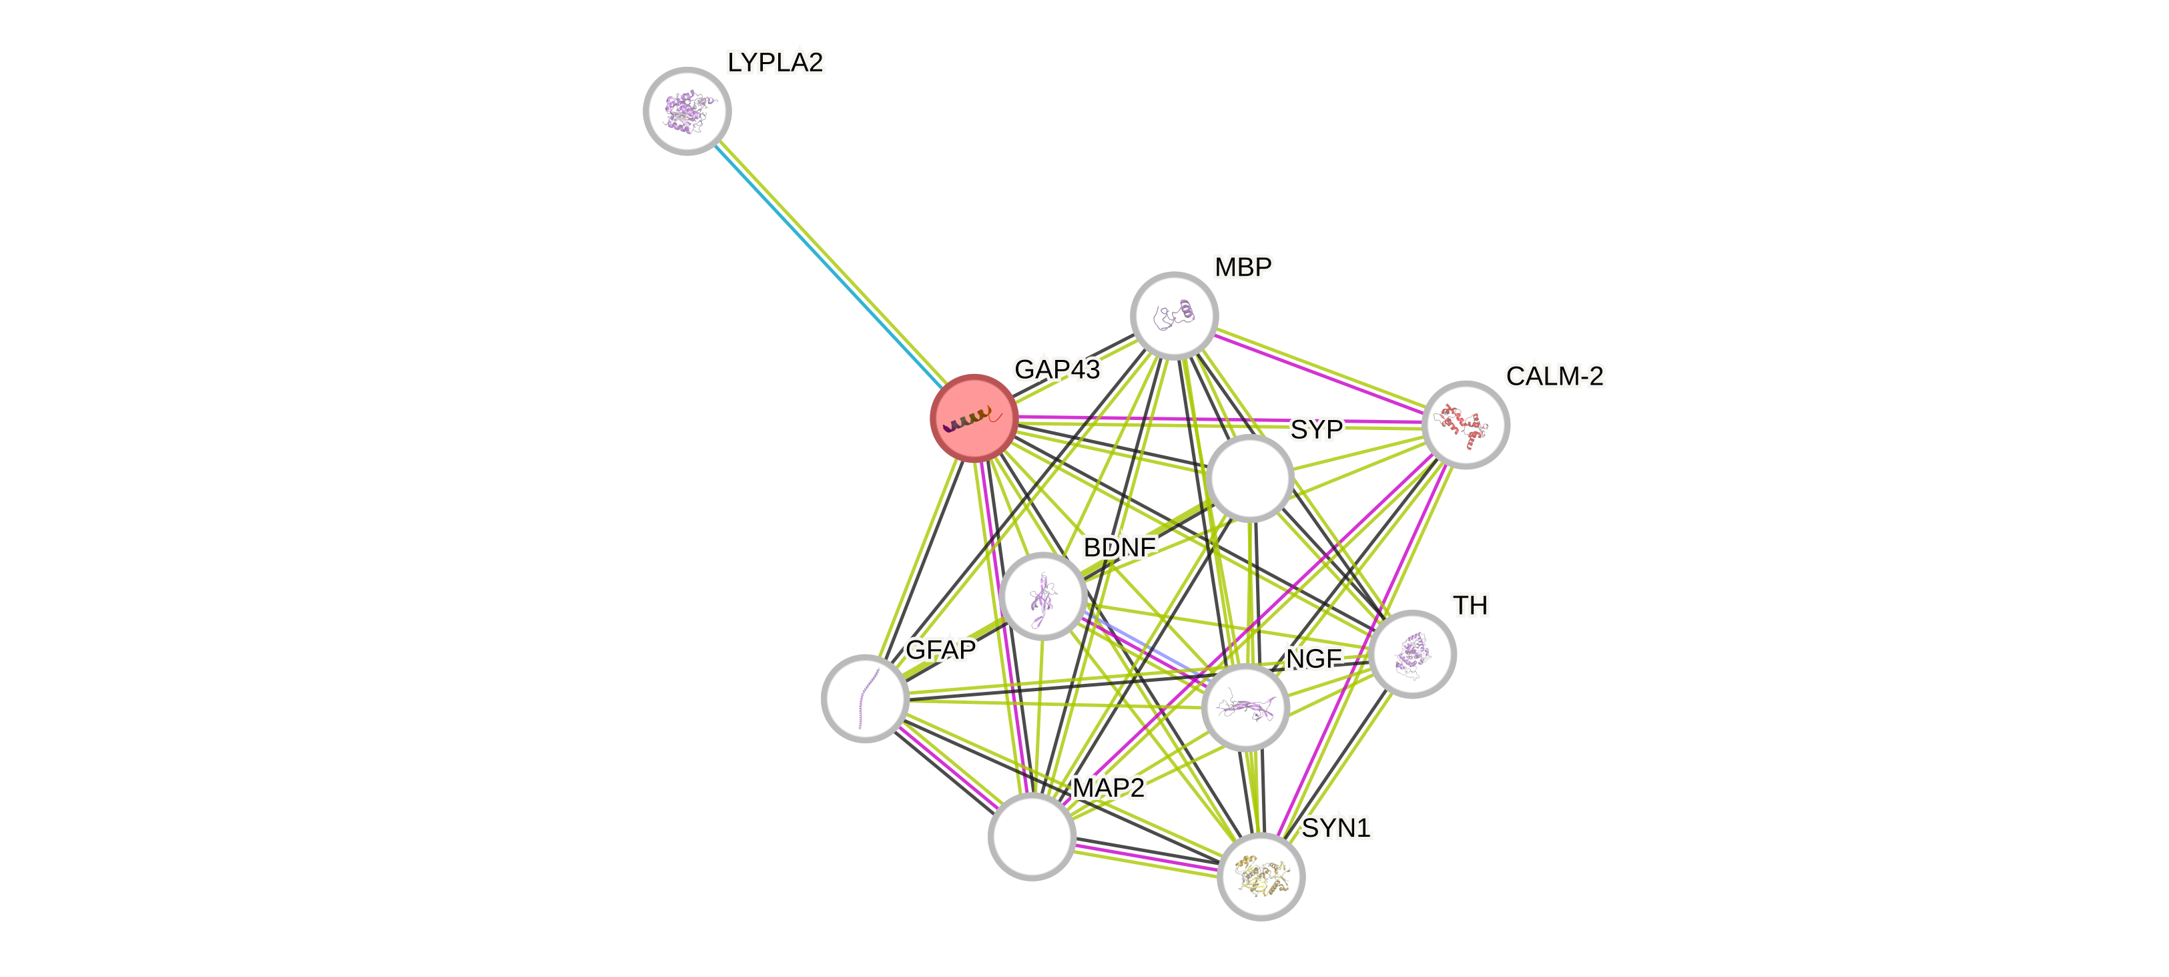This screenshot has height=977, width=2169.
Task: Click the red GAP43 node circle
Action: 973,418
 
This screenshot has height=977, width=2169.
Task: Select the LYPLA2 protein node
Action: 687,111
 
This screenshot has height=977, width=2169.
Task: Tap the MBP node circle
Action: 1174,315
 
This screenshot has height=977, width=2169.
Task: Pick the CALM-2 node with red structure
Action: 1465,425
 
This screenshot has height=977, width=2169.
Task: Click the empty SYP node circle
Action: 1249,477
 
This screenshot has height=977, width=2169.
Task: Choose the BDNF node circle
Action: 1044,596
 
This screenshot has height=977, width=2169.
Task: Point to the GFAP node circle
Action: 865,699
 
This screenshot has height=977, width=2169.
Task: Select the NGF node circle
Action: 1245,707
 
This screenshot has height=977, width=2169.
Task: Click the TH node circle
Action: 1412,654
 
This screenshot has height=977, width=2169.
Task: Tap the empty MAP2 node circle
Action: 1032,836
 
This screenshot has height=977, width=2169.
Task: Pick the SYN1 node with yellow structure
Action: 1261,876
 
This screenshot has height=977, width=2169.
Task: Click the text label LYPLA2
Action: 775,62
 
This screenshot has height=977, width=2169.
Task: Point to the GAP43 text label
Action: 1056,369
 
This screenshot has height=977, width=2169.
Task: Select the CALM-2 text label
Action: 1554,375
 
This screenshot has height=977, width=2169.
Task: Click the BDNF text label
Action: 1119,548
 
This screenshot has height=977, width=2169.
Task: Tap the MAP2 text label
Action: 1108,787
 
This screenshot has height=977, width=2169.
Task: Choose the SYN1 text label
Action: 1336,828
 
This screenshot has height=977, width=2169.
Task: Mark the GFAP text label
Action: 940,649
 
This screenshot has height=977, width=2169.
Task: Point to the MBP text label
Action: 1243,267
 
